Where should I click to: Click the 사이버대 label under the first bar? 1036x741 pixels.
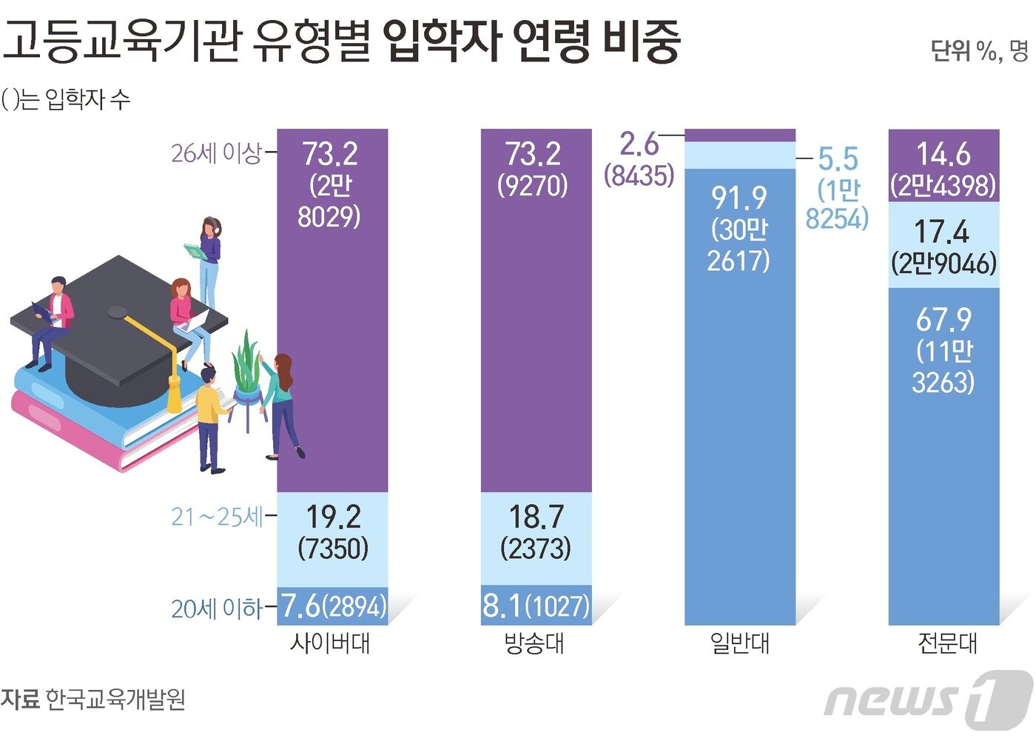tap(330, 643)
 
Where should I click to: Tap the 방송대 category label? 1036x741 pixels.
tap(534, 643)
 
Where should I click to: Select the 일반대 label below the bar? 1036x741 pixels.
tap(739, 643)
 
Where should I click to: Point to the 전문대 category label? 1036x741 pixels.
tap(947, 643)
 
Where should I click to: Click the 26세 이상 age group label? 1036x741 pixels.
tap(216, 153)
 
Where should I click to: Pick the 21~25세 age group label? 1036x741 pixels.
tap(217, 517)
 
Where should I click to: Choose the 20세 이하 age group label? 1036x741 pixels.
tap(217, 608)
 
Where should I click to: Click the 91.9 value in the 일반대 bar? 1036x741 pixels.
tap(739, 198)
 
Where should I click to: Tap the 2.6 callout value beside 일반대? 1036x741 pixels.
tap(639, 144)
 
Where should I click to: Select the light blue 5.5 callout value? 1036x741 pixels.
tap(838, 158)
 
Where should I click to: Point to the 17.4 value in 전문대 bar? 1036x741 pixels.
tap(941, 232)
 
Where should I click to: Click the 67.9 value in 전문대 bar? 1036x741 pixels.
tap(943, 320)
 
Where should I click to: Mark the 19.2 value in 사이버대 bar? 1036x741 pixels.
tap(333, 517)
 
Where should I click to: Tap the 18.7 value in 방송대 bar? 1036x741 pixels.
tap(536, 517)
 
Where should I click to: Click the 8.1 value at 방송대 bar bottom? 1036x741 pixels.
tap(502, 606)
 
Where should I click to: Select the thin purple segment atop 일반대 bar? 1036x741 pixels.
tap(740, 135)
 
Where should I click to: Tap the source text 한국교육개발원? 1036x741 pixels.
tap(115, 700)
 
